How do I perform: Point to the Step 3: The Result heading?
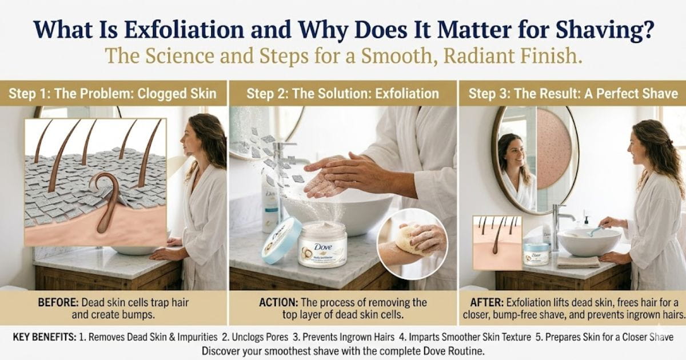(572, 93)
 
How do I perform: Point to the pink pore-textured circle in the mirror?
(553, 148)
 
